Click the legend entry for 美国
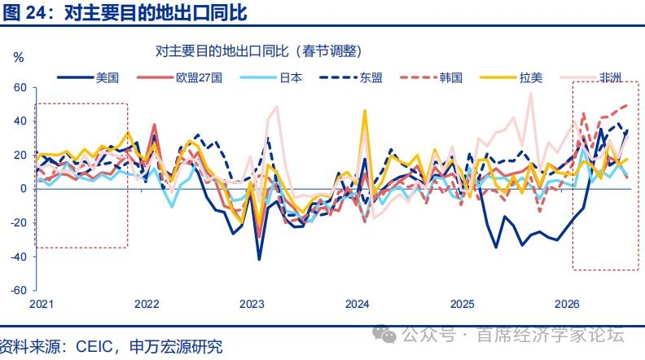coord(88,77)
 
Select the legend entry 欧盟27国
coord(179,77)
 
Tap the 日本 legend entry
coord(271,77)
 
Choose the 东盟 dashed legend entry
coord(351,77)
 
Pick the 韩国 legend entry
coord(431,77)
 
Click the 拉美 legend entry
coord(511,77)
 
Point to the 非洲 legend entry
coord(590,77)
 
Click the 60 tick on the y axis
coord(20,87)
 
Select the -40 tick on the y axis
coord(18,257)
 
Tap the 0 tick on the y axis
coord(24,188)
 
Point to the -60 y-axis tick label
coord(18,290)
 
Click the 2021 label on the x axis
coord(42,304)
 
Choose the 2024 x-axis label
coord(357,304)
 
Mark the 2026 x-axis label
coord(567,304)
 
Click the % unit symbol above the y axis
coord(19,57)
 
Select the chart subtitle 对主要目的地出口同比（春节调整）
coord(258,51)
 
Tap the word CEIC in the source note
coord(94,346)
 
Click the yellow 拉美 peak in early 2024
coord(365,111)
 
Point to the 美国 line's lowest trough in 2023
coord(259,259)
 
